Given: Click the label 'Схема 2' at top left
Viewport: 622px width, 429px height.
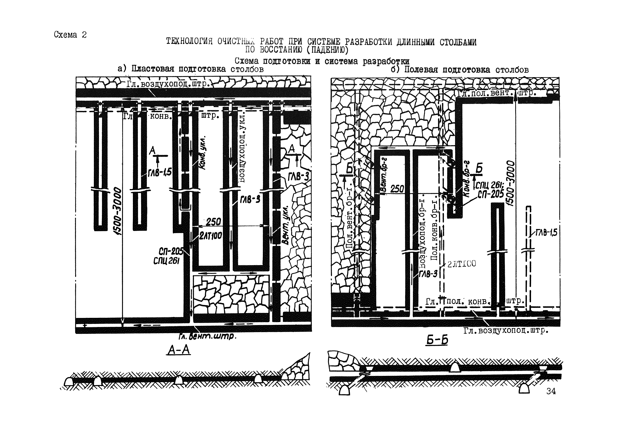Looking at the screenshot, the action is pyautogui.click(x=70, y=35).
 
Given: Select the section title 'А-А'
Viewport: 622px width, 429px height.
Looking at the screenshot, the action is pyautogui.click(x=179, y=350).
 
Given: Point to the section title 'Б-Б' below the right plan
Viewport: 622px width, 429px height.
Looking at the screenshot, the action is pyautogui.click(x=437, y=340).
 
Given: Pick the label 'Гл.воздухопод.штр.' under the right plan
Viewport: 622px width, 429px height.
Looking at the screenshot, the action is pyautogui.click(x=506, y=330).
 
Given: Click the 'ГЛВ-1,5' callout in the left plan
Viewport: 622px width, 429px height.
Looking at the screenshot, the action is pyautogui.click(x=160, y=172).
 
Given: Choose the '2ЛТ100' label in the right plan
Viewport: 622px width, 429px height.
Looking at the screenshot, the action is pyautogui.click(x=461, y=264).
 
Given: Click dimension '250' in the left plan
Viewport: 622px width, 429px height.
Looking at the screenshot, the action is pyautogui.click(x=213, y=222).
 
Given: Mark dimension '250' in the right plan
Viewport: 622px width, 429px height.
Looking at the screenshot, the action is pyautogui.click(x=397, y=189).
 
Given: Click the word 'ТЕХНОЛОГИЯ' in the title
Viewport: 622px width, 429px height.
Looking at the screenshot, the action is pyautogui.click(x=189, y=41).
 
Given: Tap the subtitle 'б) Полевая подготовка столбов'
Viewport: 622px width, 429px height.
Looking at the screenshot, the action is pyautogui.click(x=460, y=70).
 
